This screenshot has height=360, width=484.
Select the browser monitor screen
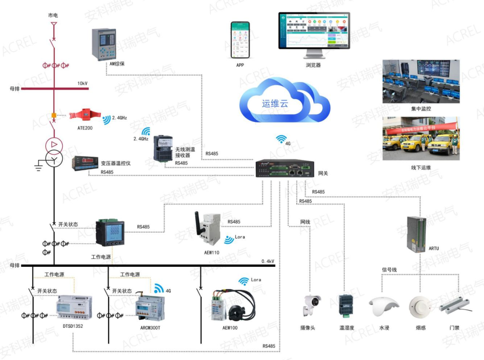313,31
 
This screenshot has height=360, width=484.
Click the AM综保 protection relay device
104,43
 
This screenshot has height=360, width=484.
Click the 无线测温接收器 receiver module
163,147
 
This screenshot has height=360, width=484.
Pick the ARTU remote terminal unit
416,234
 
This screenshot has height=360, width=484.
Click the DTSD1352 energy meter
73,307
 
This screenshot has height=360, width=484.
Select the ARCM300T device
150,306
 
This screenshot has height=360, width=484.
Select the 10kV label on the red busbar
82,84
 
